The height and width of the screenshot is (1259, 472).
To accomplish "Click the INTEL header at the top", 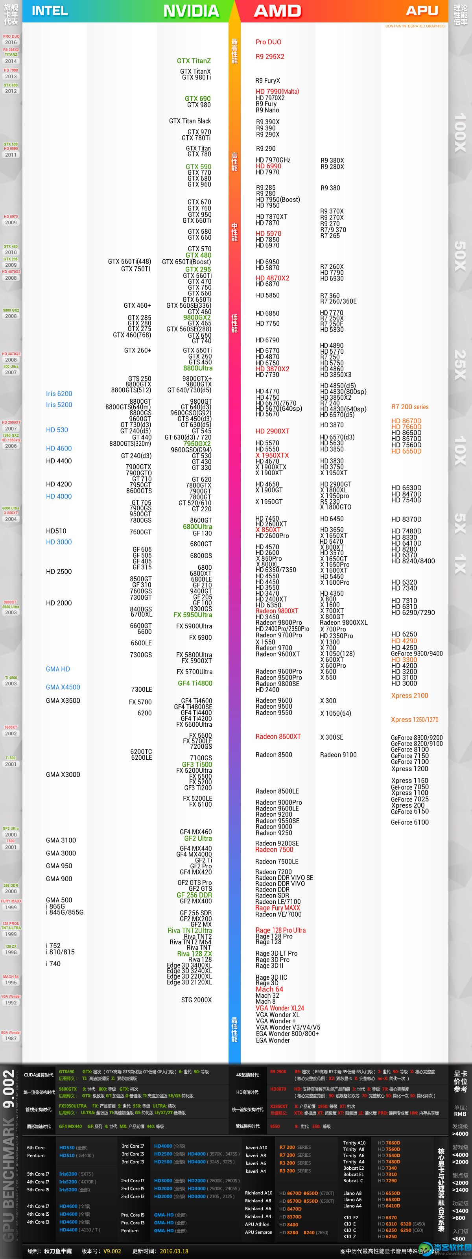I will click(50, 11).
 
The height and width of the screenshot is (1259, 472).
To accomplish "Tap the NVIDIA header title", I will click(191, 11).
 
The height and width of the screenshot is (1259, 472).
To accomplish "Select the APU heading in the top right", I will click(422, 11).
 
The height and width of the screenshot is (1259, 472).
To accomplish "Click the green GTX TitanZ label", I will click(194, 61).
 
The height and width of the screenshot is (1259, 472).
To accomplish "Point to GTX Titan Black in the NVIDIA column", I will click(190, 121).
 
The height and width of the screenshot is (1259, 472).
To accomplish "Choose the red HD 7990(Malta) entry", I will click(277, 91).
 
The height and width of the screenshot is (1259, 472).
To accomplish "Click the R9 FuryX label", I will click(268, 81).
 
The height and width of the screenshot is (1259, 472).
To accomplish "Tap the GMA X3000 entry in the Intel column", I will click(63, 775).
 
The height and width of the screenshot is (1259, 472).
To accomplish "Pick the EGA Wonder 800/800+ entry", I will click(287, 1034).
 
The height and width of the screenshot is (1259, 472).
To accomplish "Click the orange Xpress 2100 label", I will click(409, 696).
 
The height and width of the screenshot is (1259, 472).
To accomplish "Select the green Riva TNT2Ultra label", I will click(190, 930).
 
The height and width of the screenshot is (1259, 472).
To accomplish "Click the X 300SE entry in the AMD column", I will click(331, 737).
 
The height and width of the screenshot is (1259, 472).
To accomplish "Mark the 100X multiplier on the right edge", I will click(460, 132).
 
